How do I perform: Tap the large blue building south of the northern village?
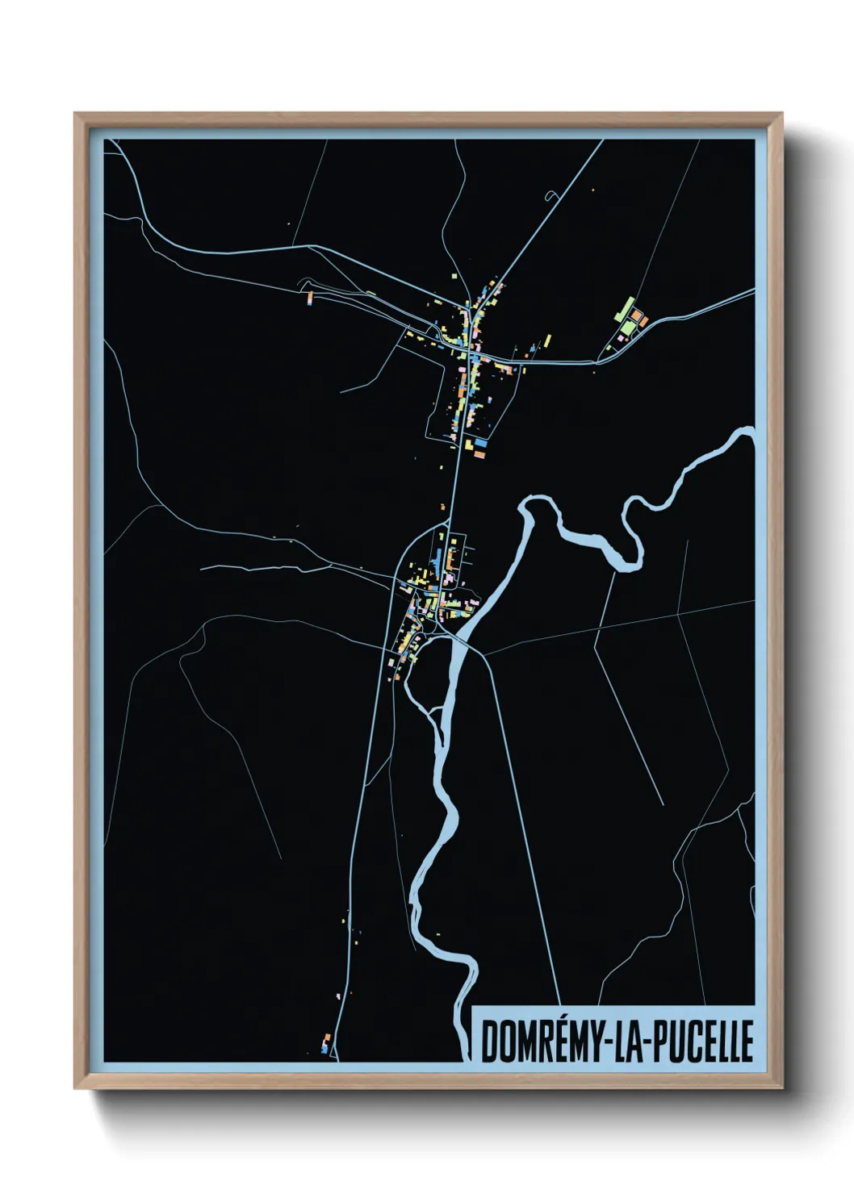(x=481, y=443)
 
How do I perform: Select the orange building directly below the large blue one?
(x=479, y=455)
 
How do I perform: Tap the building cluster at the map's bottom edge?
(x=325, y=1043)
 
